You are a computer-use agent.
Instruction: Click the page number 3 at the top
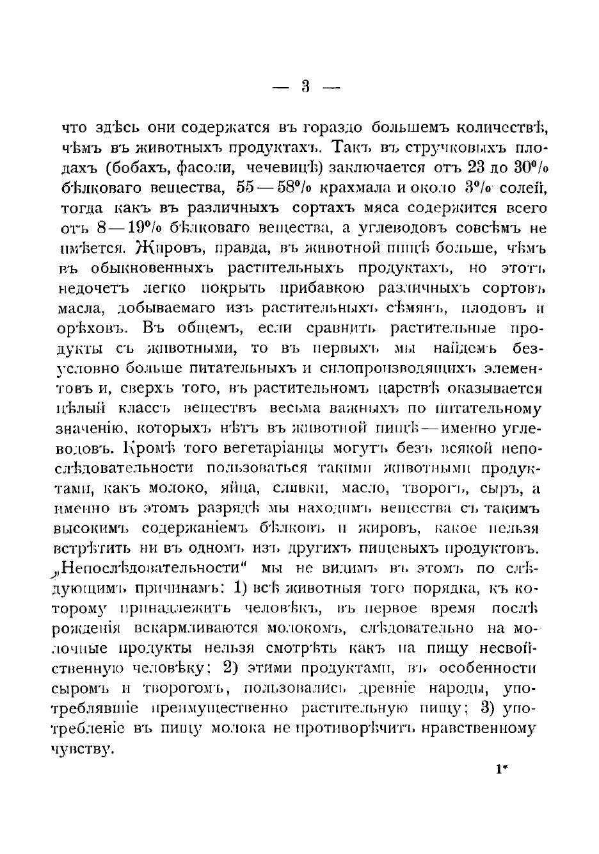point(305,86)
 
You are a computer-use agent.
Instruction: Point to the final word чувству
point(83,749)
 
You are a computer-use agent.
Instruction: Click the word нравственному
point(487,728)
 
